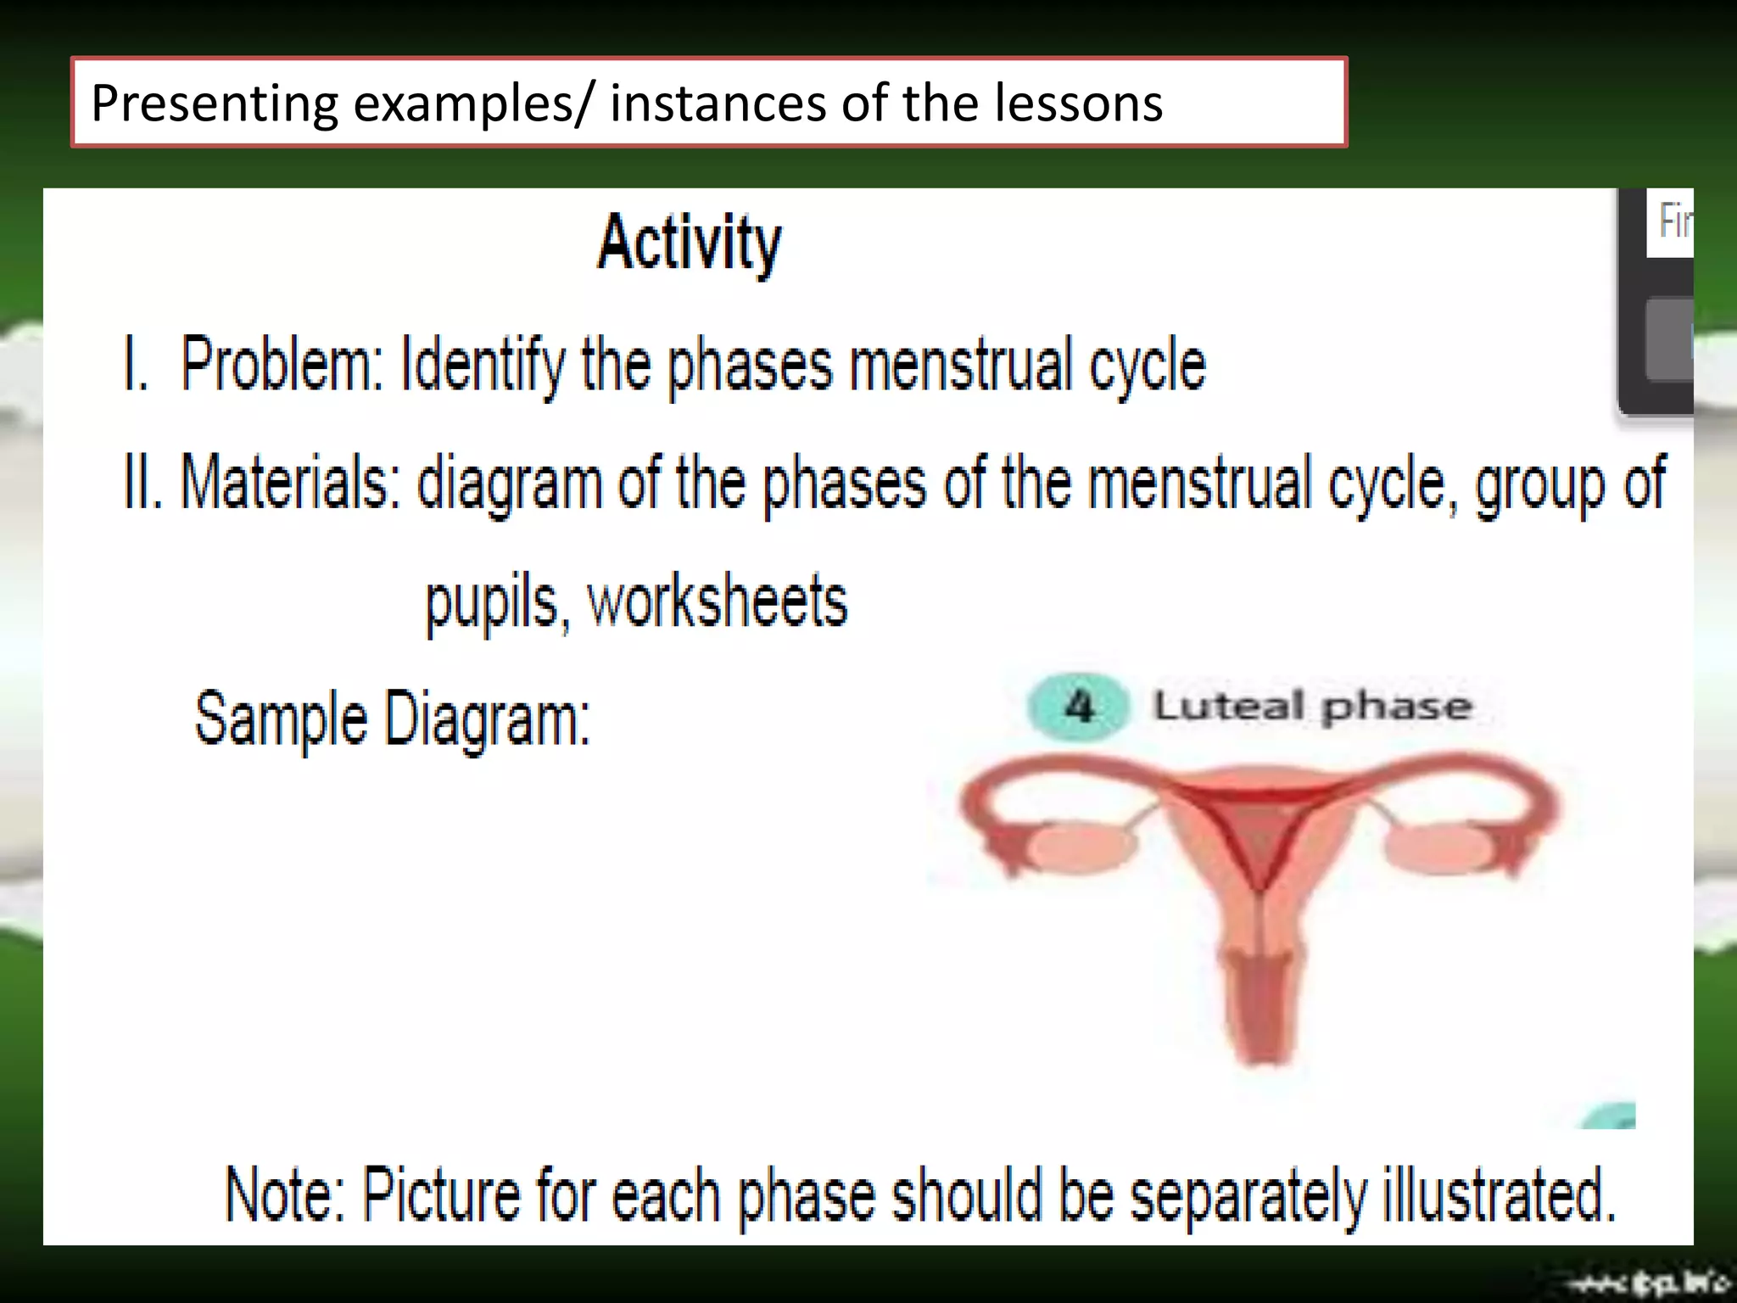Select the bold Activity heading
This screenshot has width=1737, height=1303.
(689, 243)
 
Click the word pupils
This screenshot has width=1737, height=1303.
(492, 602)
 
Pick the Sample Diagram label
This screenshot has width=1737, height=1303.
(393, 719)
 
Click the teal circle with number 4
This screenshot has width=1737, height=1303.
(1078, 707)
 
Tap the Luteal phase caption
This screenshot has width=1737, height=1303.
(1312, 707)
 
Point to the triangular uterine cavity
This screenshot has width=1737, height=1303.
(1261, 836)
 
